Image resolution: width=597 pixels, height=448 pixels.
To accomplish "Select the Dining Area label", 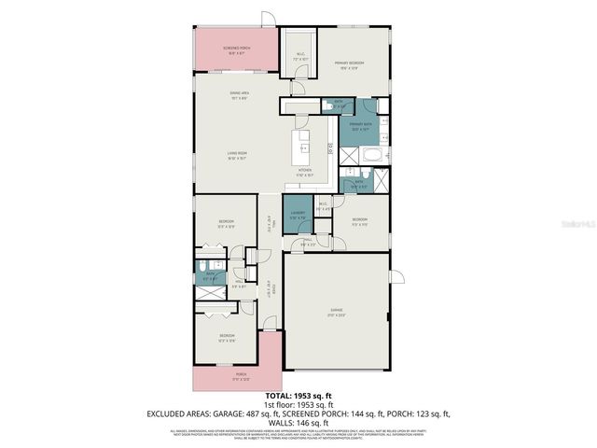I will coord(239,94).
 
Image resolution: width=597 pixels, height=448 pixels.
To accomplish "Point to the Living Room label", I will coord(236,154).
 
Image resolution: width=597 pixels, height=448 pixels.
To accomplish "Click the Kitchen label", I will coord(304,171).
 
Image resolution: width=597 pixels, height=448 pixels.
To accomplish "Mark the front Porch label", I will coord(227,379).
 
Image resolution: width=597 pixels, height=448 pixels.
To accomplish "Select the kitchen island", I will coord(302,145).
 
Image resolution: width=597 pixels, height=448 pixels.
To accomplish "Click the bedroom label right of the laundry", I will coord(359,222).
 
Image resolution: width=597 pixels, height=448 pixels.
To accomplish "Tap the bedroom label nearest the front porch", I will coord(227,337).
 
